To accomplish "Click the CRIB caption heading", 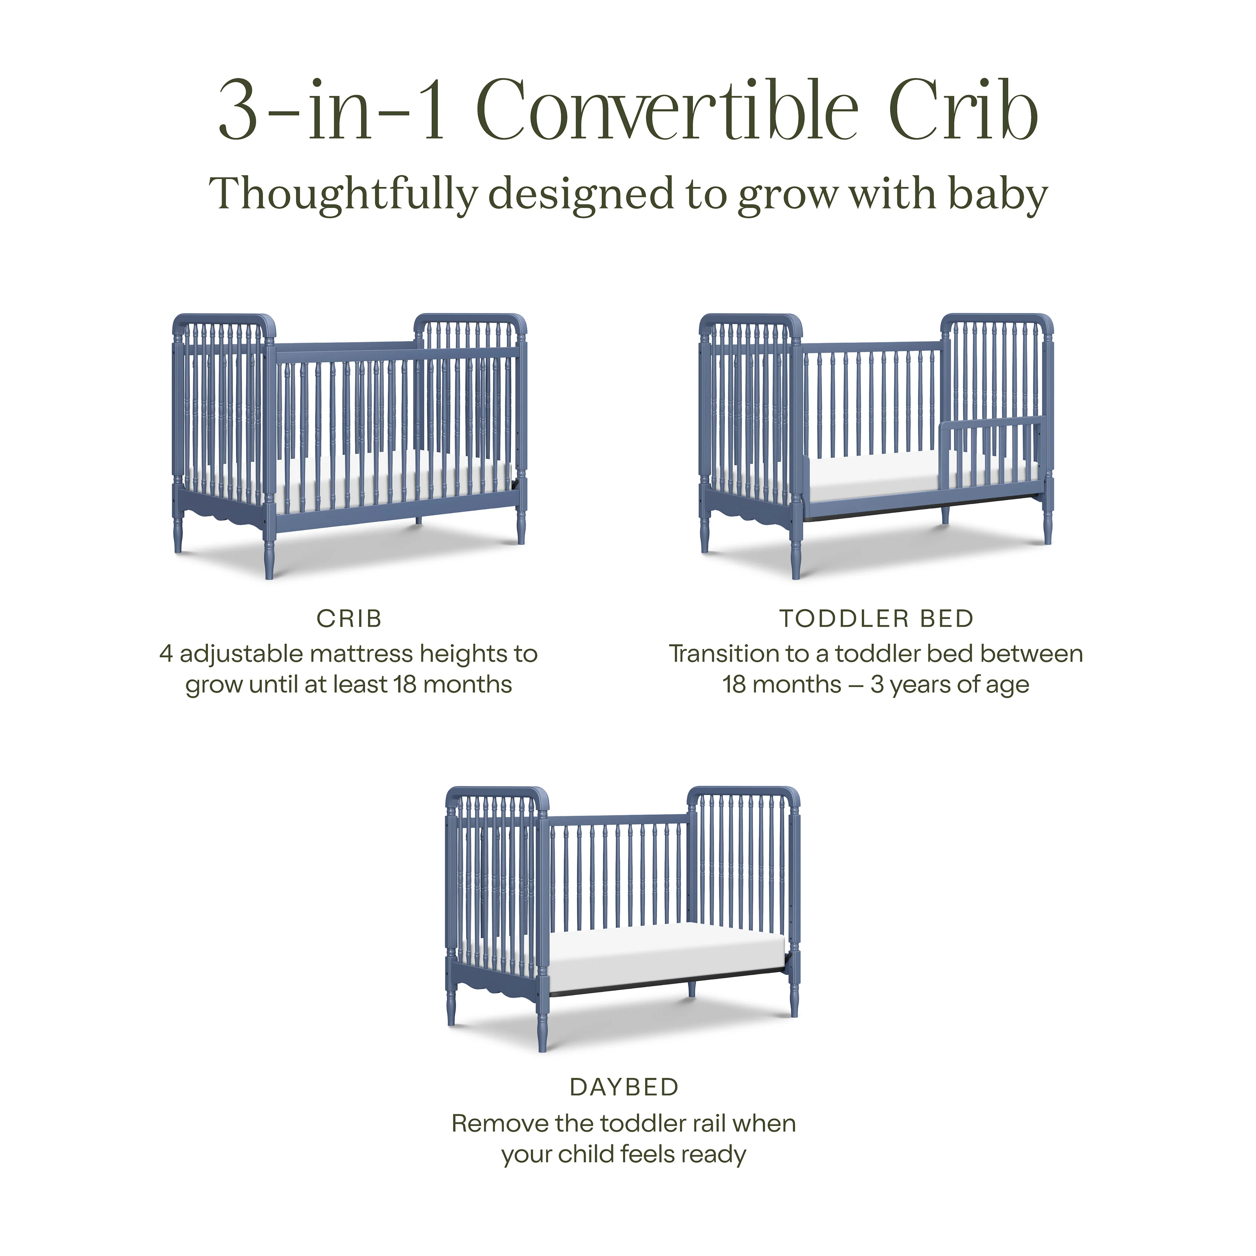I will click(x=349, y=618).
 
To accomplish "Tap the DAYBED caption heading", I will click(x=624, y=1086).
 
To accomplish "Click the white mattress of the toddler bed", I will click(x=871, y=478).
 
